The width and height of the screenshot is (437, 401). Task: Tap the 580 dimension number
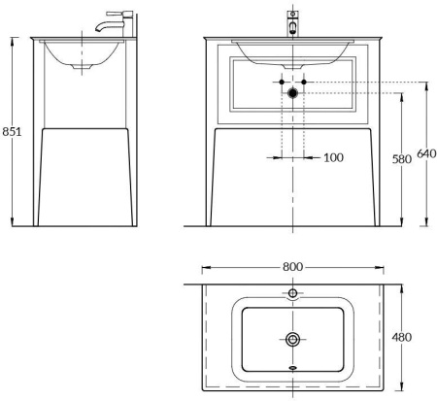399,160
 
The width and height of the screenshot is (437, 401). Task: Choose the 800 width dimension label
292,266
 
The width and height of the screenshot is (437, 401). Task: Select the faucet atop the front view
292,21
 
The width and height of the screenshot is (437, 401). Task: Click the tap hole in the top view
292,292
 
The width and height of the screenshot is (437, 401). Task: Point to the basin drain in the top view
292,338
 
